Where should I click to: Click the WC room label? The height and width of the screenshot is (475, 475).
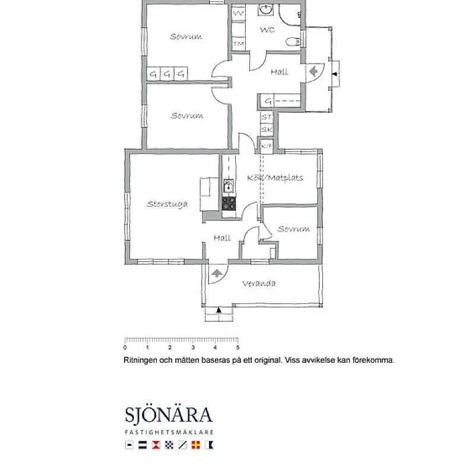[x=267, y=29]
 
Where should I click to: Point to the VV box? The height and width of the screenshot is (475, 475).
[x=239, y=12]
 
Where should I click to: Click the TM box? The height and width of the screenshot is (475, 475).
[x=239, y=43]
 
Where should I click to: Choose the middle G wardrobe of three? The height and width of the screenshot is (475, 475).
[x=167, y=74]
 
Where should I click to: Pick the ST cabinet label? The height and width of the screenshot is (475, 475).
[x=267, y=118]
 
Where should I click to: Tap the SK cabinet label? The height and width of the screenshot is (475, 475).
[x=267, y=129]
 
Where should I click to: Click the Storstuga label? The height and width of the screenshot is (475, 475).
[x=167, y=204]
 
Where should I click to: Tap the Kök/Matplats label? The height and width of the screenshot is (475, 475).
[x=275, y=178]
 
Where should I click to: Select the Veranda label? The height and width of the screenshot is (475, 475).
[x=259, y=284]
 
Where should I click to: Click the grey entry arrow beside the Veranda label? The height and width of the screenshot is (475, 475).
[x=217, y=273]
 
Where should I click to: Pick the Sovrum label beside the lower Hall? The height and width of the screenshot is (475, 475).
[x=294, y=229]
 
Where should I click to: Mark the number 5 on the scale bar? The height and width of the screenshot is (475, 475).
[x=238, y=347]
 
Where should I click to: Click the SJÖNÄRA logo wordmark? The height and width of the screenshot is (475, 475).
[x=169, y=414]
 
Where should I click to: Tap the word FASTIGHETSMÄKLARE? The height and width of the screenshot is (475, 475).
[x=169, y=432]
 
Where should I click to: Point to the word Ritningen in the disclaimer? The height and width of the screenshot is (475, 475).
[x=140, y=360]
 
